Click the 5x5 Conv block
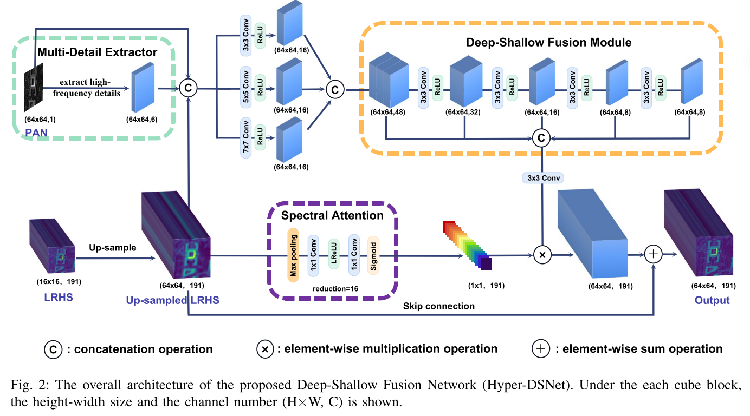(246, 87)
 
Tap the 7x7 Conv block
(246, 137)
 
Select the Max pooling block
(293, 255)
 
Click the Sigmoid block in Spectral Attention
(373, 256)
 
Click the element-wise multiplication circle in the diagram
(542, 255)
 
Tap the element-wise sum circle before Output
(653, 254)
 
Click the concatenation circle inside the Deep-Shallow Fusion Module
(541, 138)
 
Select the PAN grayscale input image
(34, 88)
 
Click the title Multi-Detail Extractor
(97, 52)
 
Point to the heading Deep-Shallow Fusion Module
(549, 42)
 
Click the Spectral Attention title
(332, 215)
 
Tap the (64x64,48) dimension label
(387, 113)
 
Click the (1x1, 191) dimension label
(486, 286)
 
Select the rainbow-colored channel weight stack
(468, 245)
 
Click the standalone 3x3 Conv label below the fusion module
(543, 178)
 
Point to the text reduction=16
(335, 289)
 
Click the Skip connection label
(438, 306)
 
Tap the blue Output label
(712, 300)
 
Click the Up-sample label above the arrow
(113, 248)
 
